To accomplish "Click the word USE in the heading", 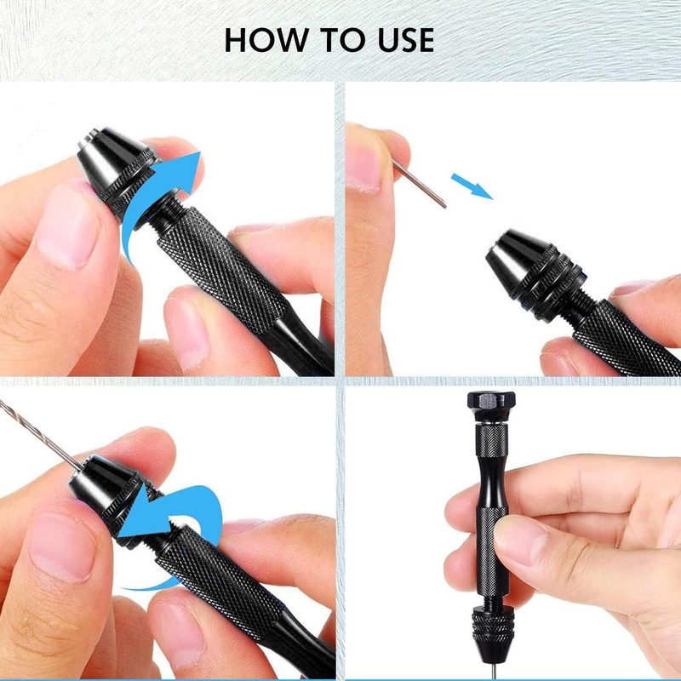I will pyautogui.click(x=400, y=40).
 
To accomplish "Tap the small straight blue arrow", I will pyautogui.click(x=471, y=185).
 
